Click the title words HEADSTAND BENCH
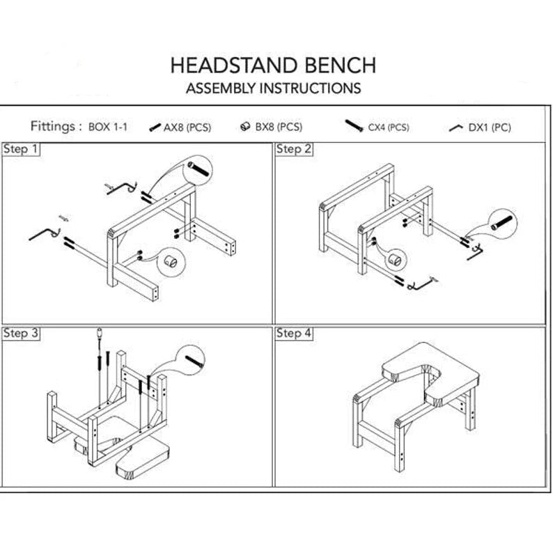(273, 65)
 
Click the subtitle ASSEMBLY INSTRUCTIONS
(273, 88)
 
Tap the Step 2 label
(294, 149)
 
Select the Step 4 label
(294, 334)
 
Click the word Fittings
(53, 127)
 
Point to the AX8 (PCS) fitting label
(187, 127)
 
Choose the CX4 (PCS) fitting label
(389, 127)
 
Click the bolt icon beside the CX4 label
(355, 126)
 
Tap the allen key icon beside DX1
(456, 127)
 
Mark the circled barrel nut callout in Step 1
(169, 262)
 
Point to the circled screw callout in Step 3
(192, 361)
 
